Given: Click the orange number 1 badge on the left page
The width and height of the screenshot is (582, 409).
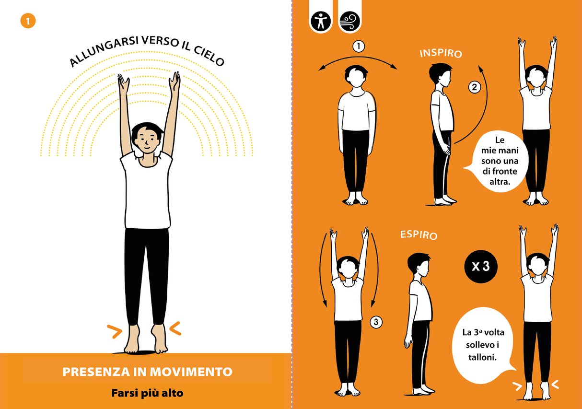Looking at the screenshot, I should [x=28, y=21].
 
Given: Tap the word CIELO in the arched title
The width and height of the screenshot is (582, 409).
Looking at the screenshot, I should [x=208, y=57].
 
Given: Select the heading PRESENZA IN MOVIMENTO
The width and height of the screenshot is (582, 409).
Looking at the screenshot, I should [x=147, y=372].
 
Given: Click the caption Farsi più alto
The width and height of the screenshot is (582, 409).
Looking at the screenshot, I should [x=147, y=393].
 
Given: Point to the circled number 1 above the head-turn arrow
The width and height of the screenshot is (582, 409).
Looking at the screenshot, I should [x=358, y=47].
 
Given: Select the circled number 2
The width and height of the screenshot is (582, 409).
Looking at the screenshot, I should [x=474, y=87].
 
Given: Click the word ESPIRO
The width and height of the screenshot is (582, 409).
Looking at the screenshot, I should [x=419, y=235].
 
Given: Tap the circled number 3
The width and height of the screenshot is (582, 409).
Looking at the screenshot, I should [x=376, y=323].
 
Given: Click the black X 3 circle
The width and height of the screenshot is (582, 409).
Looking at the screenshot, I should [x=481, y=267].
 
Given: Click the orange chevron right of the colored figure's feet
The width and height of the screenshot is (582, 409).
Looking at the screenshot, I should [x=175, y=328].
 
